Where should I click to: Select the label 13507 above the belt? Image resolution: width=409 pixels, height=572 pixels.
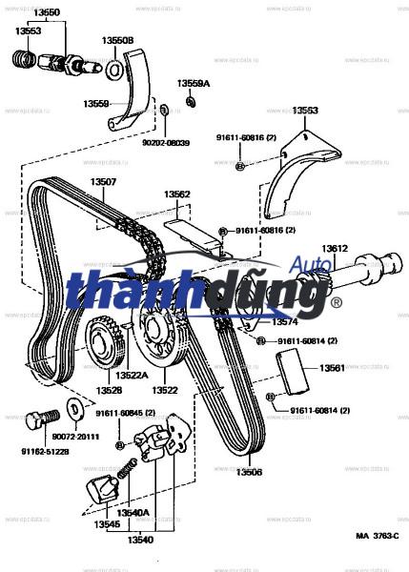[x=104, y=182]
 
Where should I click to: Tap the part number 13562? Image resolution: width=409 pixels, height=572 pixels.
[x=176, y=194]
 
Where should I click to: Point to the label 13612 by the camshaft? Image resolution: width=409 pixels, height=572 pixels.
[x=335, y=248]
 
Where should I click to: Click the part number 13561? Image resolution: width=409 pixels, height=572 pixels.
[x=332, y=367]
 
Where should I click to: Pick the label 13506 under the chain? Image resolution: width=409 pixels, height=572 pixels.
[x=249, y=472]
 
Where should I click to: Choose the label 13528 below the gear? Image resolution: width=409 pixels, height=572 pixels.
[x=108, y=390]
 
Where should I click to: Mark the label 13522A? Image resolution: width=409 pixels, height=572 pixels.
[x=133, y=376]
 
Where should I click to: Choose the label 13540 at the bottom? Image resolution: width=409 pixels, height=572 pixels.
[x=140, y=541]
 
